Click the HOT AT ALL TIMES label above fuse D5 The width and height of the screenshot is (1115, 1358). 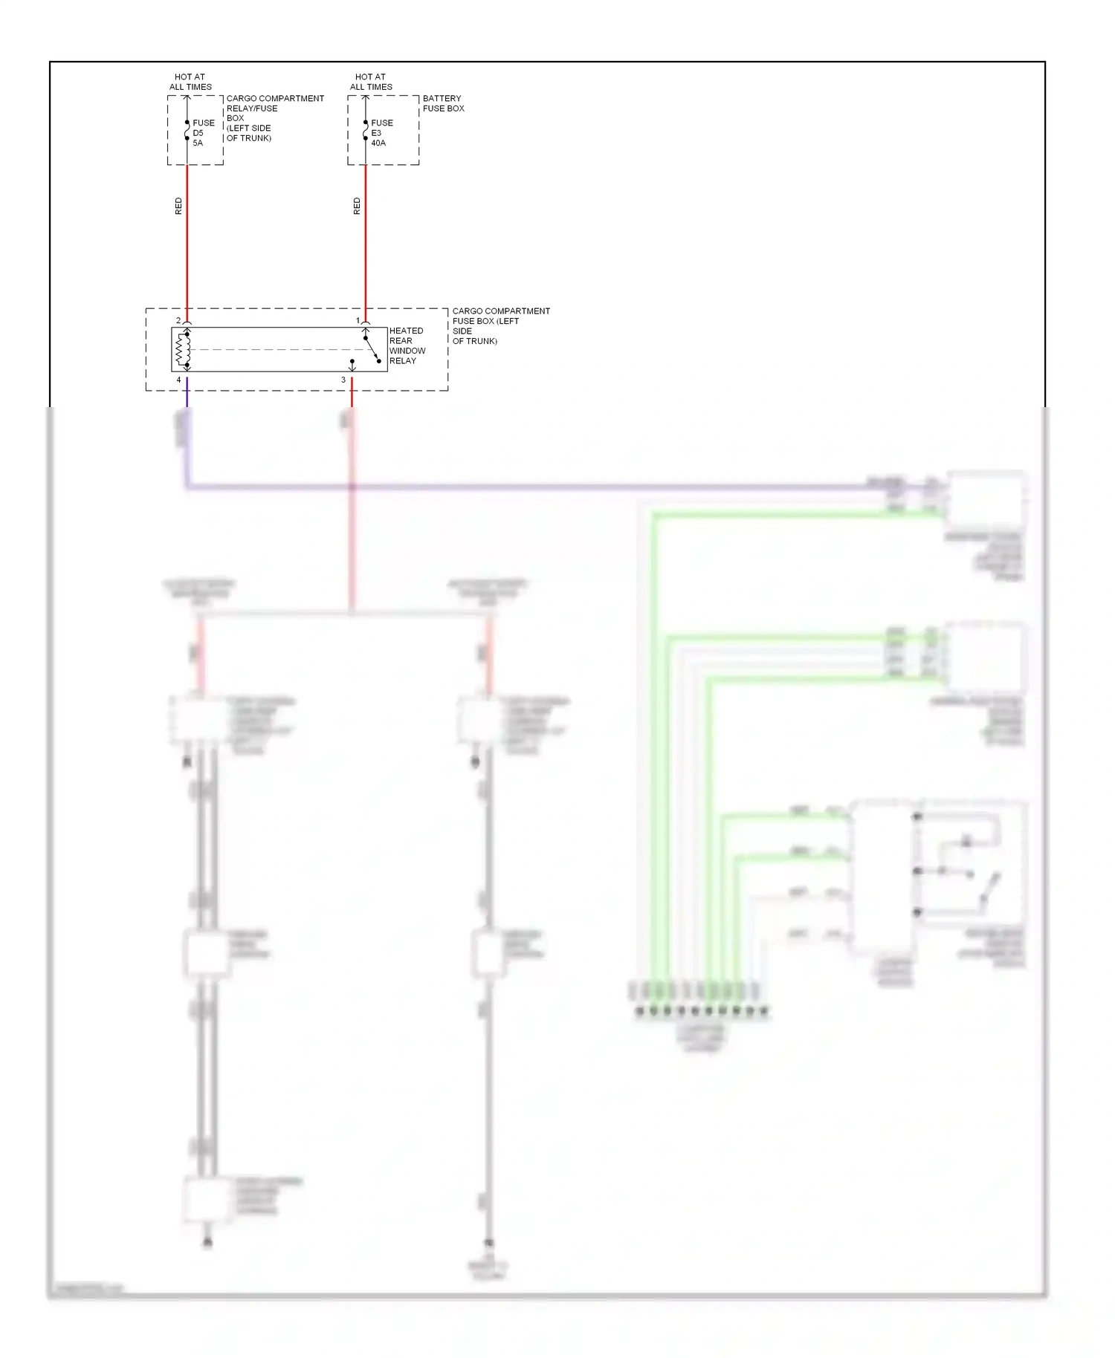click(x=190, y=82)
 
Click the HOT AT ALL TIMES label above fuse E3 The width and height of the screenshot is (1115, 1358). click(x=371, y=82)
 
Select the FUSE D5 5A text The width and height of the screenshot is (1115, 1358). click(x=203, y=133)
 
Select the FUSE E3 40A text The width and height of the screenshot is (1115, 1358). click(x=381, y=133)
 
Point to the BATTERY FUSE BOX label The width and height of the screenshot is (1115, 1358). click(x=443, y=103)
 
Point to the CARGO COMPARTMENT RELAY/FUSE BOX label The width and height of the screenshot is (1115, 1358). click(x=275, y=118)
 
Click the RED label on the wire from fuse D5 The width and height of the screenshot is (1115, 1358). click(x=178, y=207)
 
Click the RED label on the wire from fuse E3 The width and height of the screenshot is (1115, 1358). click(x=357, y=207)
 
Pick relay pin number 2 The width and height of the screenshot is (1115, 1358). click(x=178, y=321)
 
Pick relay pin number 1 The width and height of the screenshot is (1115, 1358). click(x=358, y=321)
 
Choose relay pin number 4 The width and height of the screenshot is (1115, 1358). click(x=178, y=380)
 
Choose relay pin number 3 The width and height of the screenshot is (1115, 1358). click(x=343, y=380)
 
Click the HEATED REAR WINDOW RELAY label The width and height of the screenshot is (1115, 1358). click(x=407, y=346)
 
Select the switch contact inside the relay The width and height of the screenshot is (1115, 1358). click(x=372, y=350)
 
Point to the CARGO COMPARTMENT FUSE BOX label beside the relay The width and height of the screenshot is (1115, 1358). click(x=500, y=326)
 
